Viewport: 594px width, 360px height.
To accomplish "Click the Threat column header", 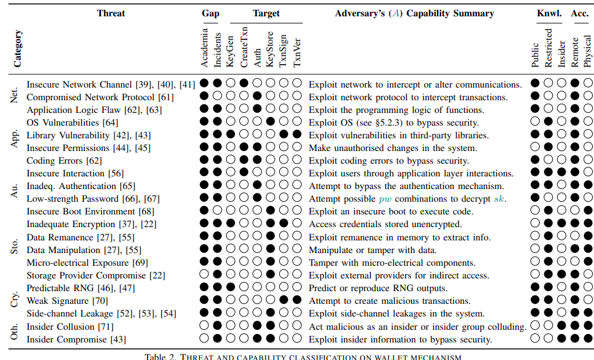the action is coord(111,13).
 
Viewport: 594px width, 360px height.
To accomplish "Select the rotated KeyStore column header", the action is coord(270,49).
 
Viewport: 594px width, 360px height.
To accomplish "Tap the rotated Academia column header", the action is coord(205,48).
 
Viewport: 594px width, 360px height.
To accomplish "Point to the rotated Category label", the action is coord(18,49).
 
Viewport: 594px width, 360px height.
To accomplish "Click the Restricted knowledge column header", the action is coord(549,48).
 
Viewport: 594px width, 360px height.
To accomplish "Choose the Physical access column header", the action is coord(587,51).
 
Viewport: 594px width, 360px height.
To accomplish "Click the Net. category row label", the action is coord(14,95).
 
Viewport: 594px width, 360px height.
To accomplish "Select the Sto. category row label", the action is coord(14,246).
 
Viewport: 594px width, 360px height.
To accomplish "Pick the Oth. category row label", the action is coord(14,332).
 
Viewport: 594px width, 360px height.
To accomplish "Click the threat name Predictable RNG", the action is coord(60,288).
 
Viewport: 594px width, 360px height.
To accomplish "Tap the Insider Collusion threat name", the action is coord(61,327).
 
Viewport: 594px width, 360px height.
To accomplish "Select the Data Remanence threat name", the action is coord(60,237).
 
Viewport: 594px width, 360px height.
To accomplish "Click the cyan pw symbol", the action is coord(385,199).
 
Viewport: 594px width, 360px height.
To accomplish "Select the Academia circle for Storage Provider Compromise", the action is coord(204,274).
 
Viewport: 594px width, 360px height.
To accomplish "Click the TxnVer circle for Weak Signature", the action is coord(297,300).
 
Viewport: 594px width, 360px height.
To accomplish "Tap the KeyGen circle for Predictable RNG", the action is coord(230,288).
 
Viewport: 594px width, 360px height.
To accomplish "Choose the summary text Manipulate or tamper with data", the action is coord(373,250).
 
